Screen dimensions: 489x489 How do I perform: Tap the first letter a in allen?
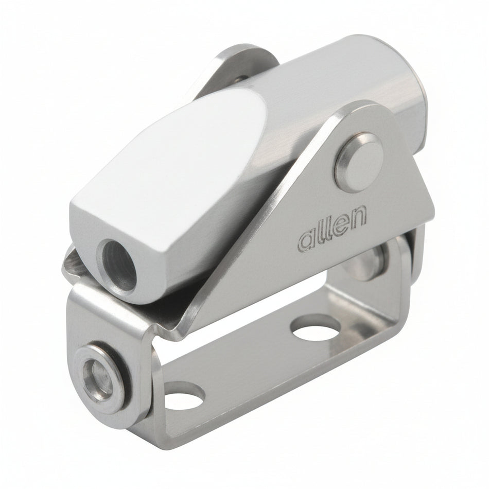306,242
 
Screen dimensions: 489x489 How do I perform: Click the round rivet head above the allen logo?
359,162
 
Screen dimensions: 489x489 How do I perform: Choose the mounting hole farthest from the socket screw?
316,327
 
